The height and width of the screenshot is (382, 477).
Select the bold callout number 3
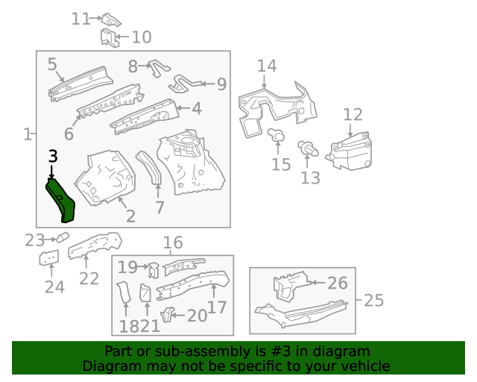(x=52, y=157)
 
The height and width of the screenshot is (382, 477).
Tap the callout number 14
(x=267, y=66)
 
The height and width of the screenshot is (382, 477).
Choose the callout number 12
(x=353, y=115)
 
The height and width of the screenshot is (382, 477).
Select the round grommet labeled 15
(x=276, y=136)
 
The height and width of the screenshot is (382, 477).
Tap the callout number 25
(x=373, y=301)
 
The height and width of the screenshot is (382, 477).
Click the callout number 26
(x=338, y=283)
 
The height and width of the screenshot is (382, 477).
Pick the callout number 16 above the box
(x=172, y=242)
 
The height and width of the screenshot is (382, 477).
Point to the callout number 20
(x=197, y=316)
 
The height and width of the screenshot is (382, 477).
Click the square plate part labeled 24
(x=50, y=259)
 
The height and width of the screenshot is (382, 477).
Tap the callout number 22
(x=89, y=278)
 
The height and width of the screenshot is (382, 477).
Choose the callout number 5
(x=52, y=64)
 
